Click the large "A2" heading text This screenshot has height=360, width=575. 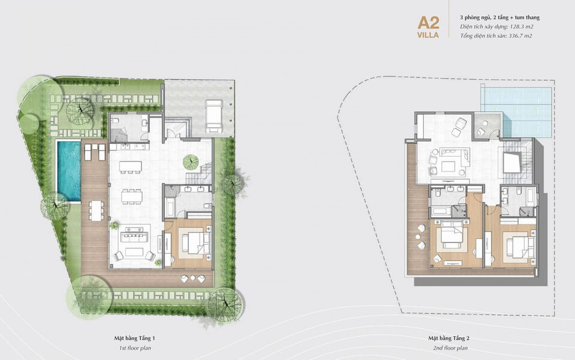428,23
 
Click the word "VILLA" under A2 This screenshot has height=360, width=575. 428,35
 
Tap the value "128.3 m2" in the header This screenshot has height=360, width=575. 522,26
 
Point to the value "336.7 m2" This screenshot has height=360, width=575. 520,35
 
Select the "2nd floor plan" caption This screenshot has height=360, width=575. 450,348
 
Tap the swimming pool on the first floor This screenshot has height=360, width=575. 68,170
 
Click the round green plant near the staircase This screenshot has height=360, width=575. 191,161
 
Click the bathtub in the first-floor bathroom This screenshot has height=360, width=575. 170,208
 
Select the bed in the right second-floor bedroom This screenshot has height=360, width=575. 520,247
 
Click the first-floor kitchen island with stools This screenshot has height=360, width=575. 130,167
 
